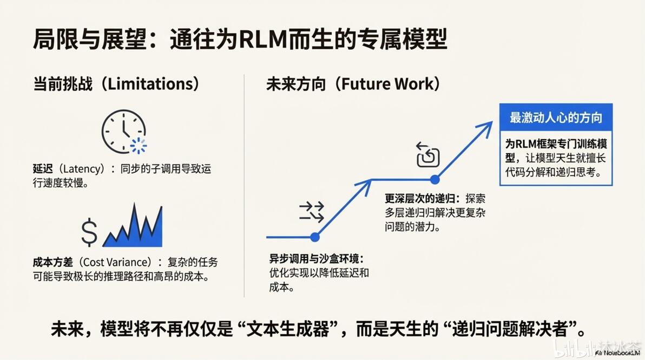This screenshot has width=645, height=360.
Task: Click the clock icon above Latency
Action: tap(124, 132)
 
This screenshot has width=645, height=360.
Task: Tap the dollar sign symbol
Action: tap(89, 232)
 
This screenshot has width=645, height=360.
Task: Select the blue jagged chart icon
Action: tap(133, 225)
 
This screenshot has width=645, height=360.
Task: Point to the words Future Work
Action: tap(387, 84)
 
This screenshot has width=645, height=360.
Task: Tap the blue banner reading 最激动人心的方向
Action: tap(556, 117)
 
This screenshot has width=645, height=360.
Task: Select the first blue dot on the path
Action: tap(315, 237)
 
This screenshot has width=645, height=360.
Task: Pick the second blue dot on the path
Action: tap(435, 179)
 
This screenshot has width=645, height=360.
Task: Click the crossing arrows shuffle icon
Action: tap(311, 212)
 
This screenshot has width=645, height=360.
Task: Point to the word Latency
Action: tap(84, 169)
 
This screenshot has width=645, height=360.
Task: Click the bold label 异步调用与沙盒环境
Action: tap(314, 259)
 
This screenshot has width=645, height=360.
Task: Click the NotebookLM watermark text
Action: tap(618, 353)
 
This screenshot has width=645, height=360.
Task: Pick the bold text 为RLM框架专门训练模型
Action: tap(556, 144)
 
